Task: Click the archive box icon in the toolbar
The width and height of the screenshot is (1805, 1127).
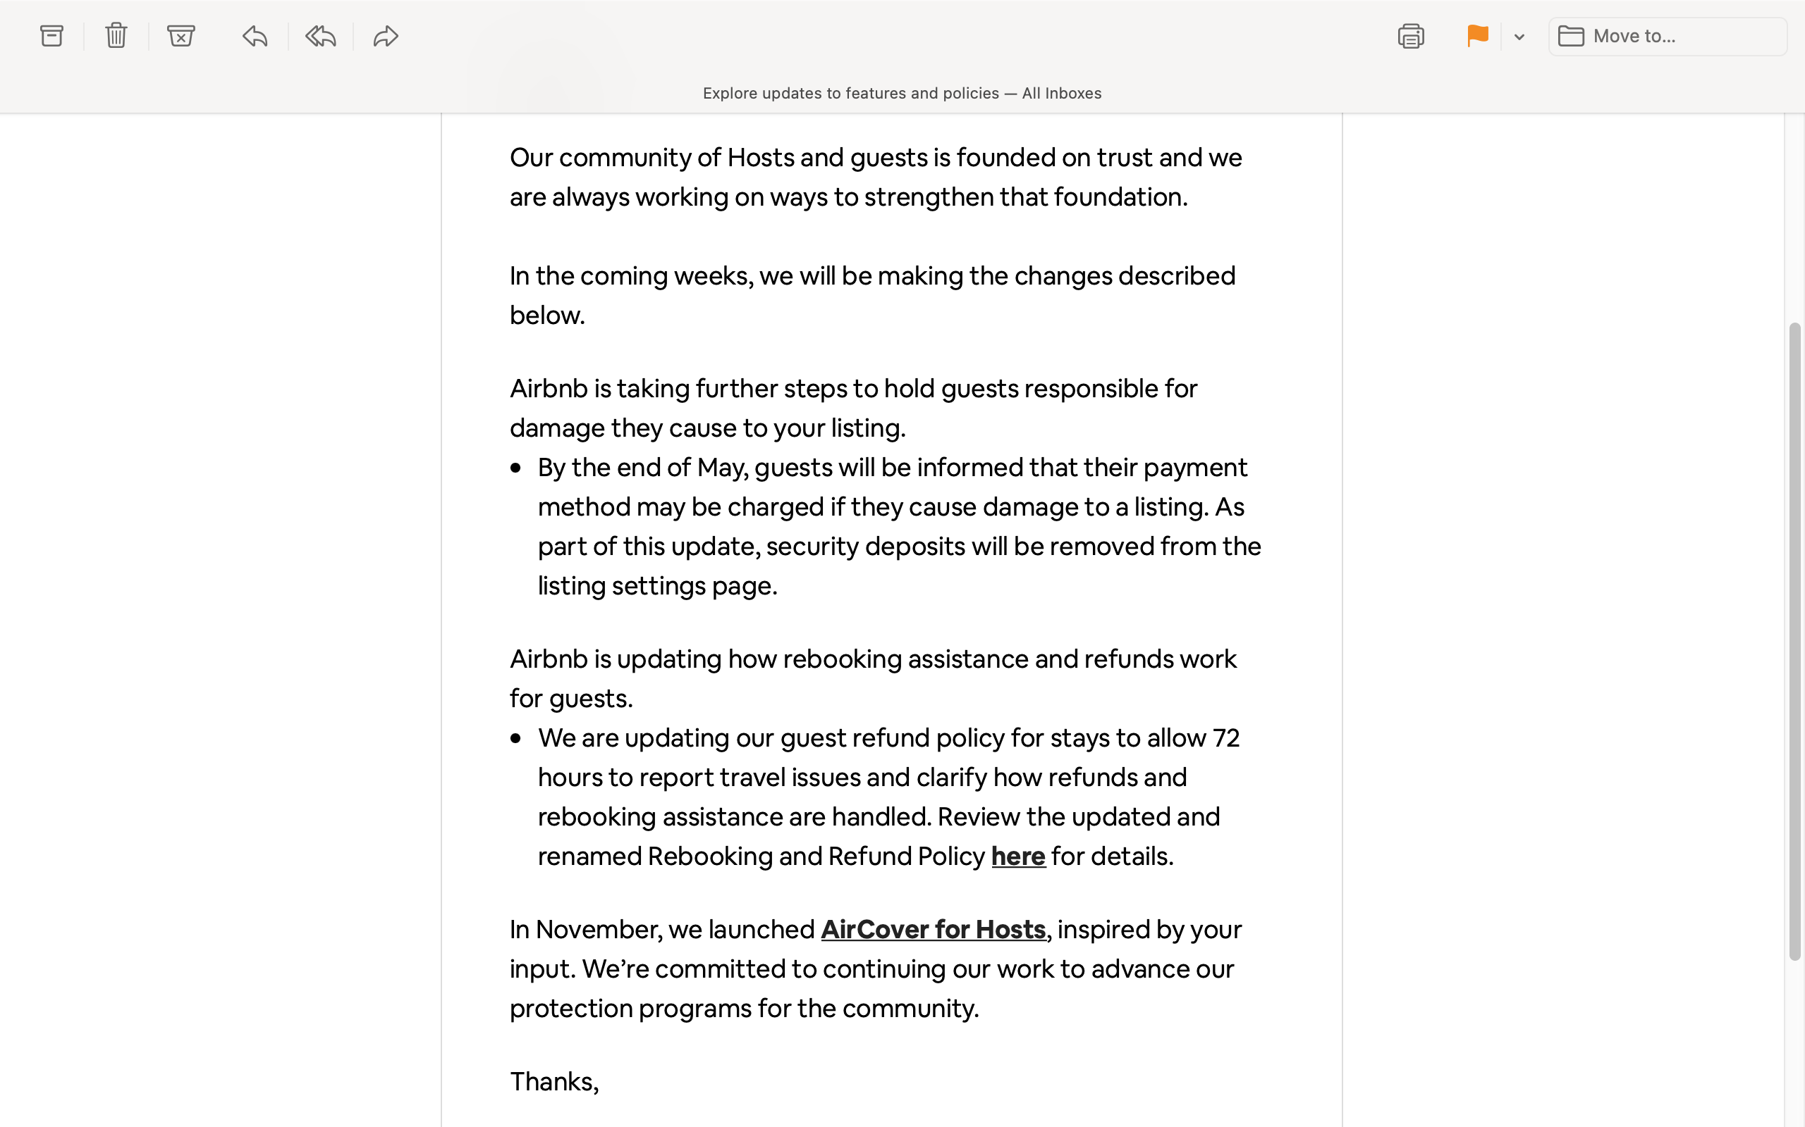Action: (x=51, y=36)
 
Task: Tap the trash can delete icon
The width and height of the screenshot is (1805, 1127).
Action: (x=116, y=36)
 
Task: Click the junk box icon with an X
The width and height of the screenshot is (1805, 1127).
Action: (x=180, y=36)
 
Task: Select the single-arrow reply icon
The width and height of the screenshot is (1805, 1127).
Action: (x=255, y=36)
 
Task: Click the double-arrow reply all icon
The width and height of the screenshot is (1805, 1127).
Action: (x=321, y=36)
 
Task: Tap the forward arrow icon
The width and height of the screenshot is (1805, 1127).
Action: (x=386, y=36)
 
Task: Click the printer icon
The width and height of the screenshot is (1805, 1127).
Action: (x=1410, y=36)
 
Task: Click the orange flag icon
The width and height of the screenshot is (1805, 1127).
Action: (x=1477, y=36)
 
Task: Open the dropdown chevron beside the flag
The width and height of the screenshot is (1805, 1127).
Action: (x=1519, y=37)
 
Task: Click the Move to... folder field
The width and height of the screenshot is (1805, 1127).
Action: (x=1668, y=36)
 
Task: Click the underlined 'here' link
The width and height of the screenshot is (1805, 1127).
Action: (x=1018, y=857)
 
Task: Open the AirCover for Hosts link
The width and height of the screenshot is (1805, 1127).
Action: (x=933, y=930)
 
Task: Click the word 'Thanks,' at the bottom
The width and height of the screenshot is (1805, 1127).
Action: (x=554, y=1081)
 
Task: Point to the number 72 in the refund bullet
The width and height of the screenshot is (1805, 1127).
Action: (x=1226, y=738)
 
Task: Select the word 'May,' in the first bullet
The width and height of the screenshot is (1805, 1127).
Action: (x=722, y=467)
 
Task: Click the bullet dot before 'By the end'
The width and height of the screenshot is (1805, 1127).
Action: (x=515, y=468)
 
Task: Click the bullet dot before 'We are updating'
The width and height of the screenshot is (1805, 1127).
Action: (x=515, y=739)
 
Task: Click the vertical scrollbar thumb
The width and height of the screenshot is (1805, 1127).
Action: (x=1794, y=641)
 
